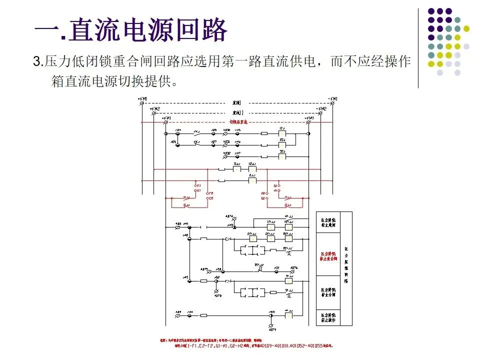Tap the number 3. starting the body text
pyautogui.click(x=38, y=62)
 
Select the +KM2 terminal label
pyautogui.click(x=155, y=108)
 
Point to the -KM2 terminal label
pyautogui.click(x=320, y=108)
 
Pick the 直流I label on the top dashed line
pyautogui.click(x=237, y=101)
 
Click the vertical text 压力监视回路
pyautogui.click(x=345, y=265)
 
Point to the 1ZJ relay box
pyautogui.click(x=282, y=133)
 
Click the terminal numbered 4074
pyautogui.click(x=229, y=216)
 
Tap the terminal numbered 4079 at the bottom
pyautogui.click(x=272, y=329)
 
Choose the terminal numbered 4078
pyautogui.click(x=217, y=295)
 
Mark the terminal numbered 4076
pyautogui.click(x=293, y=268)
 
